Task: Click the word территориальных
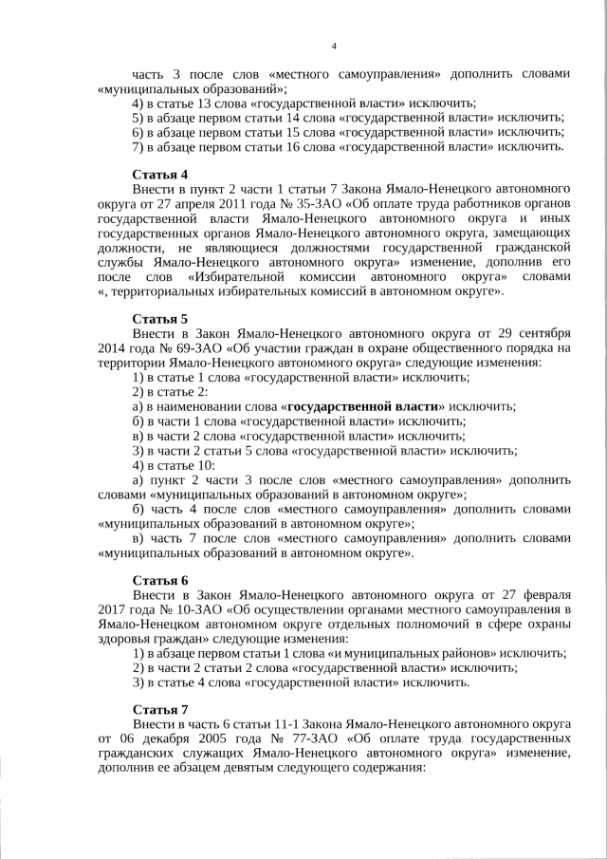pyautogui.click(x=167, y=290)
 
